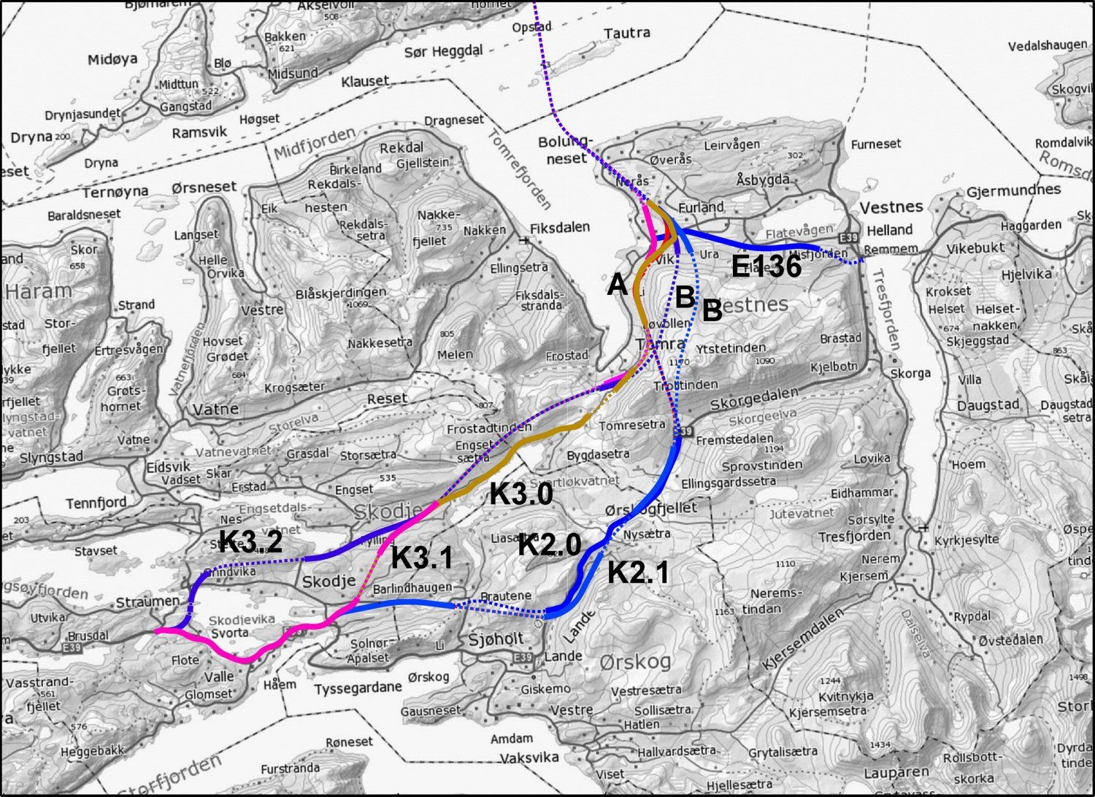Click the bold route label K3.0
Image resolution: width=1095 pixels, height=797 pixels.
pos(520,494)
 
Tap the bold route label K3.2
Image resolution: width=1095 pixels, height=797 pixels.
pos(250,541)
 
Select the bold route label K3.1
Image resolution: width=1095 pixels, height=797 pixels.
pos(421,558)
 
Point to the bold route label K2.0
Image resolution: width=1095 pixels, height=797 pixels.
pos(550,544)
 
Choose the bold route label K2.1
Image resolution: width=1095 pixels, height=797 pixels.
pos(638,572)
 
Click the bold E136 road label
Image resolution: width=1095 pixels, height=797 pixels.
pos(766,268)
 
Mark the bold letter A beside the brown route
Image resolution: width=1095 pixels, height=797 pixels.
pos(617,285)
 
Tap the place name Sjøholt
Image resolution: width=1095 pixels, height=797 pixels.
pos(495,639)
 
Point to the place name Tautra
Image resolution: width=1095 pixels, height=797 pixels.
pos(627,33)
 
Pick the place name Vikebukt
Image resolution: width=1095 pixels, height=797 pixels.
pos(975,247)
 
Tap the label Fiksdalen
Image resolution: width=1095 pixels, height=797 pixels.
pos(561,228)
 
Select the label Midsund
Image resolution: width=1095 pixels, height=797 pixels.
pos(293,74)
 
